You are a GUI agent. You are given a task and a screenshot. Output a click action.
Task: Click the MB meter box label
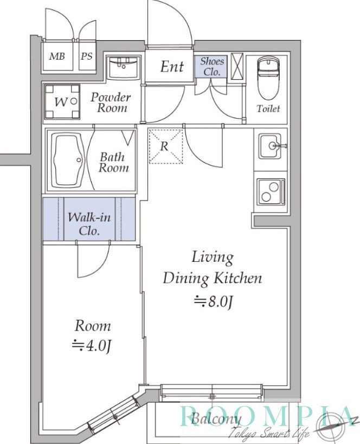57,56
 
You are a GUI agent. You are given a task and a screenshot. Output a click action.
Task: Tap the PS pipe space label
87,56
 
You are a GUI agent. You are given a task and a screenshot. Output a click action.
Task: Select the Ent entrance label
172,67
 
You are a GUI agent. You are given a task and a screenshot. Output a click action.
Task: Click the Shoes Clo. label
212,66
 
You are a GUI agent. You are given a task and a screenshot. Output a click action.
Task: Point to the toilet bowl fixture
268,78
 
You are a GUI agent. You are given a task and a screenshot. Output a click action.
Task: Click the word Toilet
268,108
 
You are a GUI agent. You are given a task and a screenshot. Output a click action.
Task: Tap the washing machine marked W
62,101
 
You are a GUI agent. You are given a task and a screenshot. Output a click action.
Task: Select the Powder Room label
111,102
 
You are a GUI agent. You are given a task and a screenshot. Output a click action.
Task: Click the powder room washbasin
123,68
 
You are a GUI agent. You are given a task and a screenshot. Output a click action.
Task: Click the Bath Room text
113,162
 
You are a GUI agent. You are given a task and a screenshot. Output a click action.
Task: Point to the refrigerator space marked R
166,146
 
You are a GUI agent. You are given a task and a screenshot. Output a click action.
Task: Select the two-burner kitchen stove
271,191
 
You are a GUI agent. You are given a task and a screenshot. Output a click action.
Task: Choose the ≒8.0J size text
213,303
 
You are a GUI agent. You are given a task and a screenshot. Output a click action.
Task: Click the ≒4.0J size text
92,345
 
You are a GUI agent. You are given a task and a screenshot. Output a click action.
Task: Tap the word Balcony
216,419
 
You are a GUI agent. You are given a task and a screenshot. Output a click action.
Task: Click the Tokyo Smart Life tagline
269,432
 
